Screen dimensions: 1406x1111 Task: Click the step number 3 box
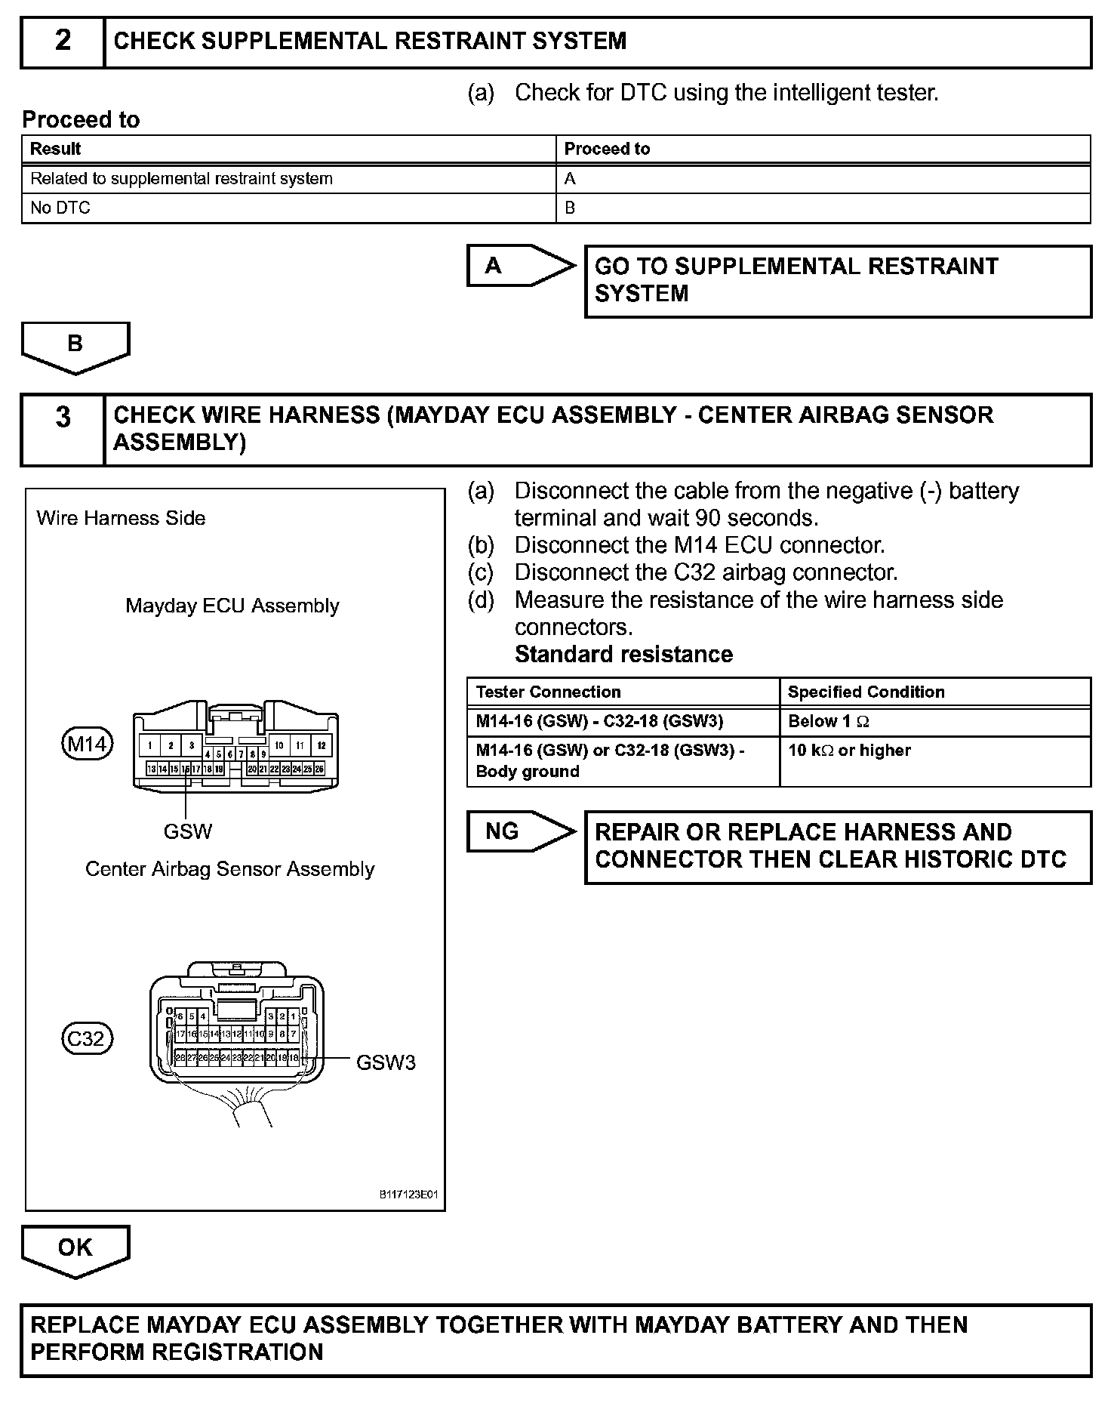63,429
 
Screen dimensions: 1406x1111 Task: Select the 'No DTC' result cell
288,208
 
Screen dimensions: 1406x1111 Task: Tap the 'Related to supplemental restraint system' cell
288,179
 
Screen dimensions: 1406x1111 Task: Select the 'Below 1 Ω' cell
934,722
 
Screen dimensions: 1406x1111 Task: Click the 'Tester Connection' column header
623,692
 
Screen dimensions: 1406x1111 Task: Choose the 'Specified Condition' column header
934,692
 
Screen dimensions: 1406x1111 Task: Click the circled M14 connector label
87,745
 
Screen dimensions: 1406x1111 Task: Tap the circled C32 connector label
87,1039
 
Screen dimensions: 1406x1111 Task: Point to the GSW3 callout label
386,1063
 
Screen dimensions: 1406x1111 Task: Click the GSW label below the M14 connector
188,831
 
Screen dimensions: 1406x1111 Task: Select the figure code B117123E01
408,1195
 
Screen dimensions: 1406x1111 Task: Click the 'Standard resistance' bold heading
623,654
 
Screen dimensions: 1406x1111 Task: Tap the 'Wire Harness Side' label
121,518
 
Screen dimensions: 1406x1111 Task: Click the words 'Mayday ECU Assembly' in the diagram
232,606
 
